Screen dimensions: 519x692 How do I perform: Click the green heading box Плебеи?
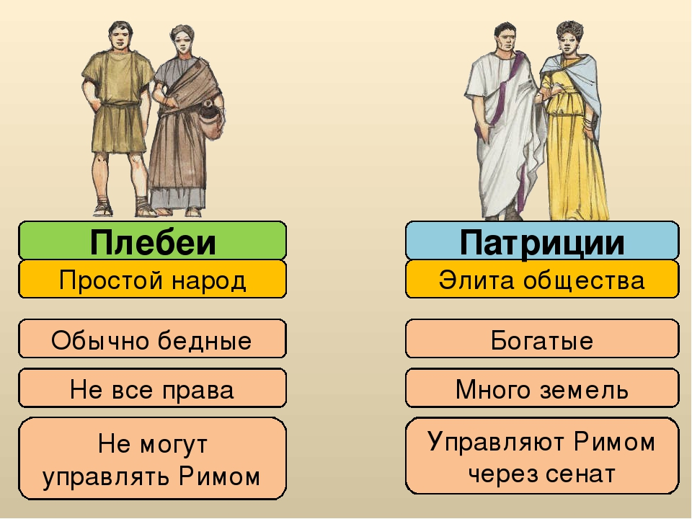(x=152, y=241)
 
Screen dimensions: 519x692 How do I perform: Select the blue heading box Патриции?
(x=541, y=241)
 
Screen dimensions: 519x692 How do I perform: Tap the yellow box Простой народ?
(x=152, y=280)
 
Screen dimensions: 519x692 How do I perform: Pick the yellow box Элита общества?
(x=541, y=280)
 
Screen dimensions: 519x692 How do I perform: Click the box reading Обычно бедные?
(x=152, y=340)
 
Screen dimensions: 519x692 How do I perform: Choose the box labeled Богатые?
(x=541, y=340)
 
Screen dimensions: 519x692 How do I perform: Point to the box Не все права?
(x=152, y=390)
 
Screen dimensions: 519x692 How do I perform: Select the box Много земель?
(x=541, y=390)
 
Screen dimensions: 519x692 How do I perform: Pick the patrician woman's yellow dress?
(x=569, y=159)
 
